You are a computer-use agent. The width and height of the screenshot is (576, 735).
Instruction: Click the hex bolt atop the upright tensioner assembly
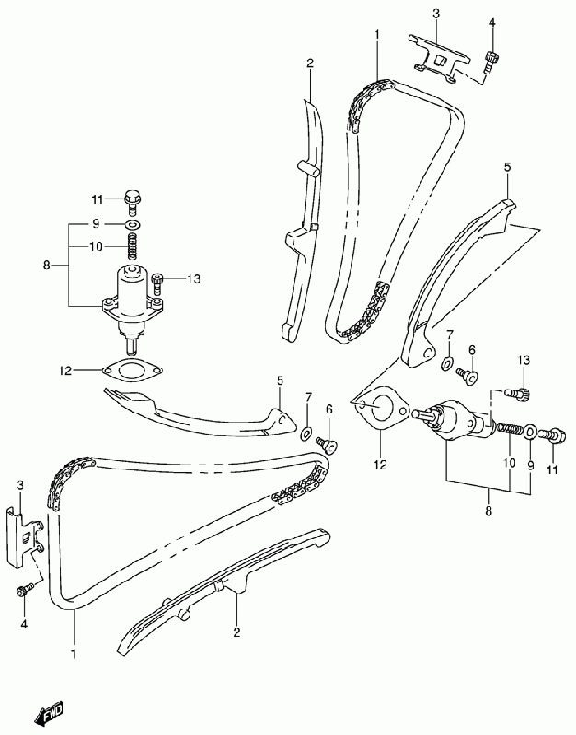tap(132, 197)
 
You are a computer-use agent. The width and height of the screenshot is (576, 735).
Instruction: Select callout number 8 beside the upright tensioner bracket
tap(49, 266)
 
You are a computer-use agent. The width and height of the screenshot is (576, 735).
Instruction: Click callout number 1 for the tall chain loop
tap(377, 34)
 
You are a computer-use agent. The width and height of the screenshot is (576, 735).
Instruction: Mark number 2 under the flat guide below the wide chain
tap(236, 631)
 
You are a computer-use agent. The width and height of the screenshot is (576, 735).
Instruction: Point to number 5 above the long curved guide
tap(506, 167)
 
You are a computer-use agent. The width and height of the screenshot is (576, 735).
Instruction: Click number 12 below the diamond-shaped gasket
tap(379, 464)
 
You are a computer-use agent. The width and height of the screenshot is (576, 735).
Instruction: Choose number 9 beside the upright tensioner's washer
tap(95, 224)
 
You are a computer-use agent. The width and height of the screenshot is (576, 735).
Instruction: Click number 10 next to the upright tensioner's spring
tap(95, 246)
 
